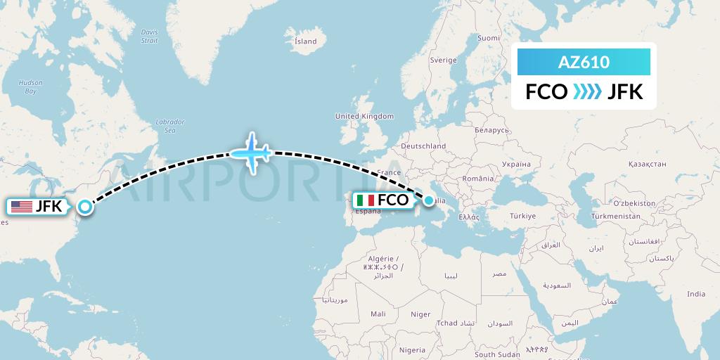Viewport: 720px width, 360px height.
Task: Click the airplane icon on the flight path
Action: [251, 152]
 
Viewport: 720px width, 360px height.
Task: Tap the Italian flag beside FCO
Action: [366, 200]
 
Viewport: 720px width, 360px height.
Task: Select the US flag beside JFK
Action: [22, 207]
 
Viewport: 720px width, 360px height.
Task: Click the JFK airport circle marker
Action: [85, 207]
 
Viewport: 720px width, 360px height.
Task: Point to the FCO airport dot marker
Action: [429, 200]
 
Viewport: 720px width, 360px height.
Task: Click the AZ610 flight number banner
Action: [584, 63]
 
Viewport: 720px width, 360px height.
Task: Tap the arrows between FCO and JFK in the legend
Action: [587, 91]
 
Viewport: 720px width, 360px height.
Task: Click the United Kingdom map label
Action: [364, 116]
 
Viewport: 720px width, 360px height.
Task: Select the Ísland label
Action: [306, 41]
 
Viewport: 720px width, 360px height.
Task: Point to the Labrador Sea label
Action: [169, 126]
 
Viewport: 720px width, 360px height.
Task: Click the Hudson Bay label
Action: [31, 86]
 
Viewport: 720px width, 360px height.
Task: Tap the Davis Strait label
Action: [150, 36]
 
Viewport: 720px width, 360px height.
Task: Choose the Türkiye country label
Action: [523, 216]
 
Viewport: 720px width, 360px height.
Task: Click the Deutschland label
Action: [423, 146]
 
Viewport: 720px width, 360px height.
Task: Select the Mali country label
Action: [378, 314]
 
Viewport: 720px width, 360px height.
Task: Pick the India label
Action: [696, 294]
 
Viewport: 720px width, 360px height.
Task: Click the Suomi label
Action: [488, 38]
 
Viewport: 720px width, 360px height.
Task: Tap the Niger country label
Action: [420, 314]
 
